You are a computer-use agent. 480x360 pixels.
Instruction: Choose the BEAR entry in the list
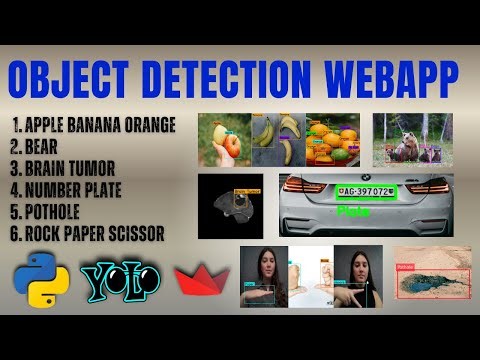(x=46, y=147)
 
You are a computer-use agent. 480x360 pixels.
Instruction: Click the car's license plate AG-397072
(x=366, y=191)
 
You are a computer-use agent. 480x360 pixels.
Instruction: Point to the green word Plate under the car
(x=352, y=212)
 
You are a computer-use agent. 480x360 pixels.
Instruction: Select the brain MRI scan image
(x=230, y=206)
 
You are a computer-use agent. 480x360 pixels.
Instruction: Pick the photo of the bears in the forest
(x=412, y=139)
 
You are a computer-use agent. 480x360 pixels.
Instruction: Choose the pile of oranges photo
(x=333, y=139)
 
